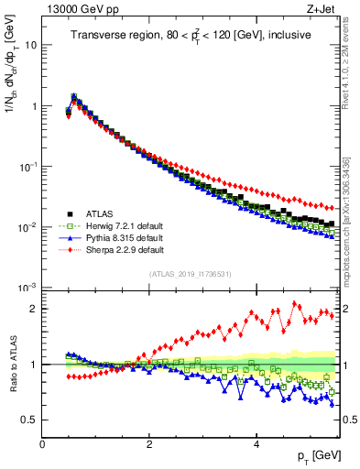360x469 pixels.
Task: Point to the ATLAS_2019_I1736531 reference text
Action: point(189,274)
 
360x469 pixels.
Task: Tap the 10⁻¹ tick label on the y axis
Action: point(27,166)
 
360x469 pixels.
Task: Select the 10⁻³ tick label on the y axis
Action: point(27,288)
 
